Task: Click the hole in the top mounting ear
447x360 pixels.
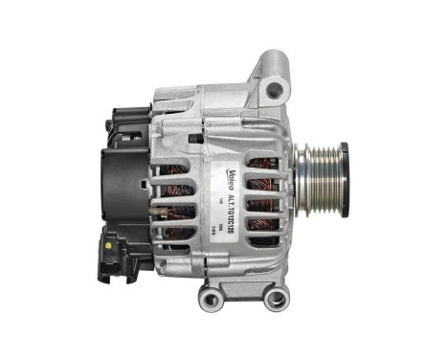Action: pos(276,91)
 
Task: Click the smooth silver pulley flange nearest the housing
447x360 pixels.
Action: pos(299,183)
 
